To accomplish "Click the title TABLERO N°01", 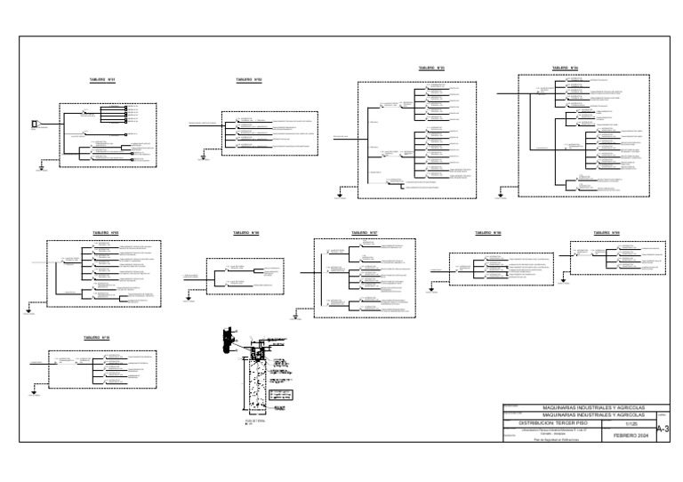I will pyautogui.click(x=102, y=79).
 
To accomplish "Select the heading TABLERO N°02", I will pyautogui.click(x=248, y=79).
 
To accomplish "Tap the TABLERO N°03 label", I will pyautogui.click(x=430, y=68).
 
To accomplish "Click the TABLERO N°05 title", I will pyautogui.click(x=106, y=233).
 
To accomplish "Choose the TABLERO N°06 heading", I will pyautogui.click(x=245, y=233).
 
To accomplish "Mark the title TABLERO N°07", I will pyautogui.click(x=364, y=233).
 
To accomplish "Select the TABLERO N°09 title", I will pyautogui.click(x=606, y=233).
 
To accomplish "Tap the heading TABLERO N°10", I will pyautogui.click(x=96, y=338).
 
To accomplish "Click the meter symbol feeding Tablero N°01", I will pyautogui.click(x=35, y=124).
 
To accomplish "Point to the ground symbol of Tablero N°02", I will pyautogui.click(x=203, y=157).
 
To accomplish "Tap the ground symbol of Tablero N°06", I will pyautogui.click(x=188, y=299).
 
